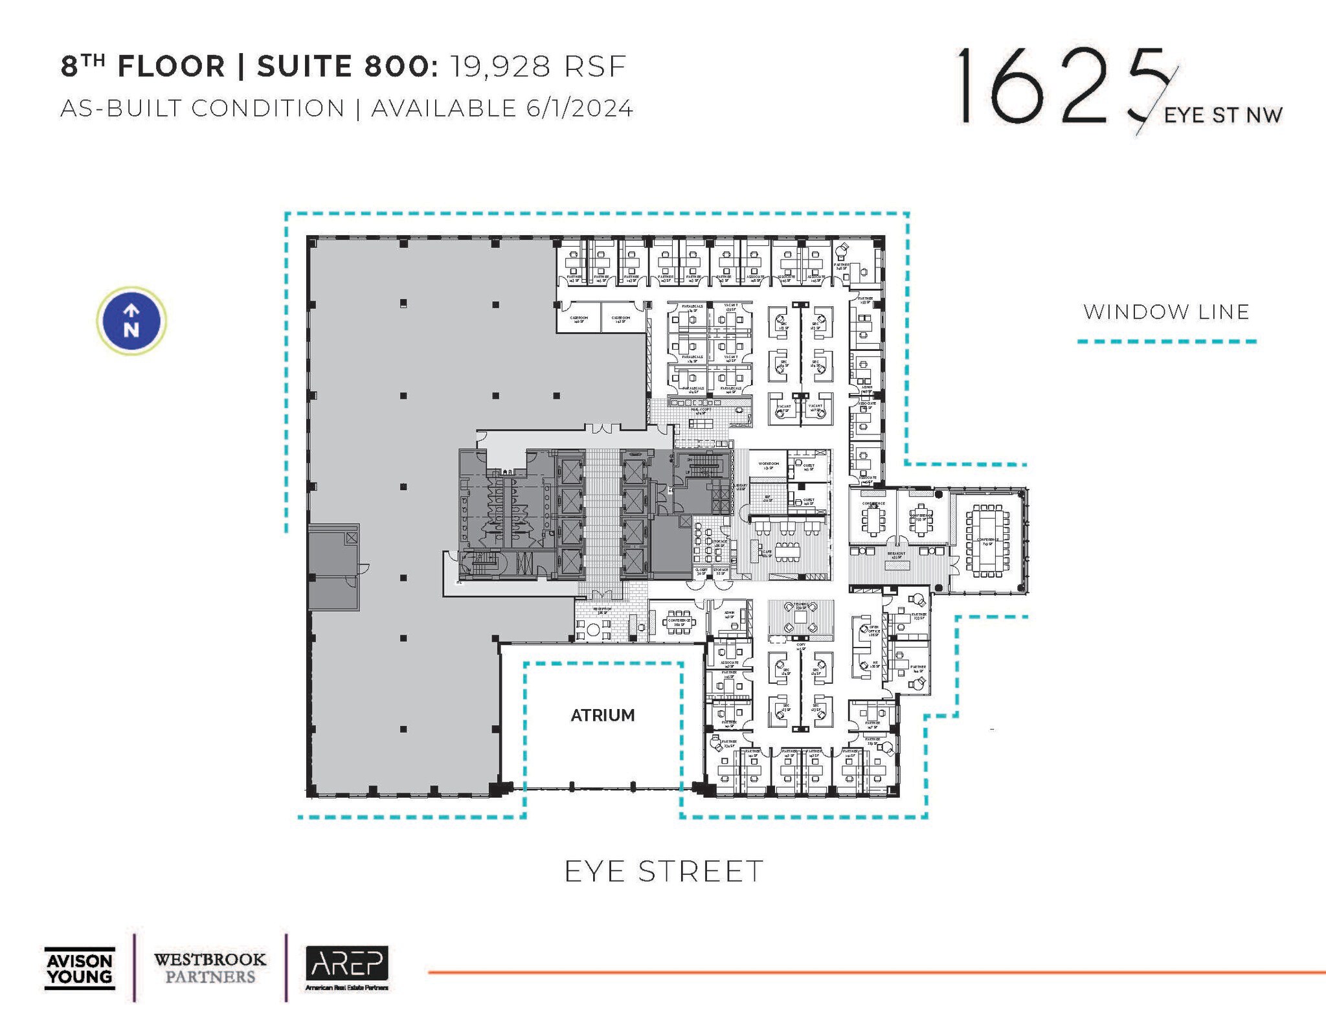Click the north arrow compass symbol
click(131, 321)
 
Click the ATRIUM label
click(602, 715)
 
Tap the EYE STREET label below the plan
click(664, 872)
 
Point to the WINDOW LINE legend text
click(1166, 312)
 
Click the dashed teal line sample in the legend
click(1166, 341)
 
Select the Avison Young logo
click(80, 969)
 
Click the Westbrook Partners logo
click(210, 968)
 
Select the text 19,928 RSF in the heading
click(538, 67)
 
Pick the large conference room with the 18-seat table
click(987, 540)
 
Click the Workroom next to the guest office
click(769, 465)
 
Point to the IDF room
click(769, 499)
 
